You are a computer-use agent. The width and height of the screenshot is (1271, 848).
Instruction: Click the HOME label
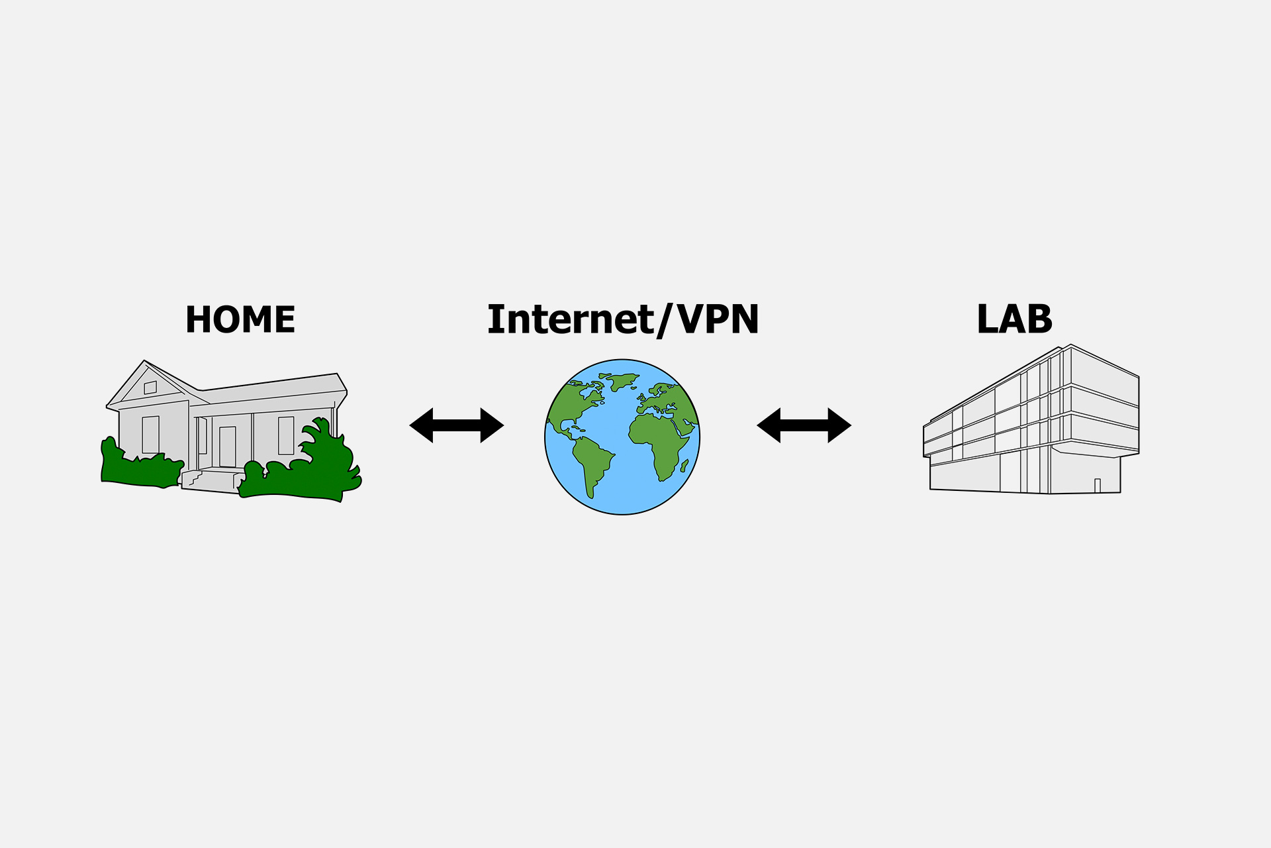click(x=240, y=319)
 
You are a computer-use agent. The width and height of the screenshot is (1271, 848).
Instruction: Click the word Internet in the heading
click(x=570, y=319)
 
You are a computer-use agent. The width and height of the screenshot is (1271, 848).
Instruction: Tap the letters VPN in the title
click(x=718, y=319)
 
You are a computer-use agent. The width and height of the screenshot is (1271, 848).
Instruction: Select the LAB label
click(x=1014, y=319)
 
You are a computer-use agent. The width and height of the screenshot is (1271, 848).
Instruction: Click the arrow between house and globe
click(x=457, y=425)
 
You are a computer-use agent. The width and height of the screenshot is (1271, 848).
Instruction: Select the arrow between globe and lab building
click(x=804, y=425)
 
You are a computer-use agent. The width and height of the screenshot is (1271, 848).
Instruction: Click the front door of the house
click(x=227, y=447)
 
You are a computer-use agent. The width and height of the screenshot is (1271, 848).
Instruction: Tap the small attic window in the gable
click(x=150, y=388)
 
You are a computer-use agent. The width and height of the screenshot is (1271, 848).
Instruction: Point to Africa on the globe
click(x=659, y=441)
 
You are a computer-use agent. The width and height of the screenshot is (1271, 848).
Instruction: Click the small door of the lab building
click(x=1097, y=486)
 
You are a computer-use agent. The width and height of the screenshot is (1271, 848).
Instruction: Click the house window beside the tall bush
click(x=286, y=435)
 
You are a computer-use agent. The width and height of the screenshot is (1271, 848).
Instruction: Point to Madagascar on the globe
click(x=684, y=465)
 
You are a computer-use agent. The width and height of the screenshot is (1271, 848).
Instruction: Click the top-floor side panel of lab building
click(x=1104, y=376)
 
